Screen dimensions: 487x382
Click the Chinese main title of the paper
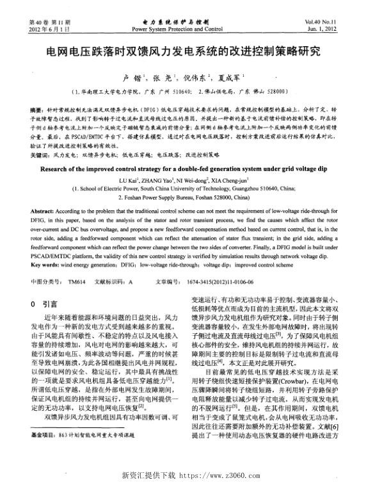pos(190,51)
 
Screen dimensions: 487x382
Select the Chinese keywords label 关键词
pos(39,155)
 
